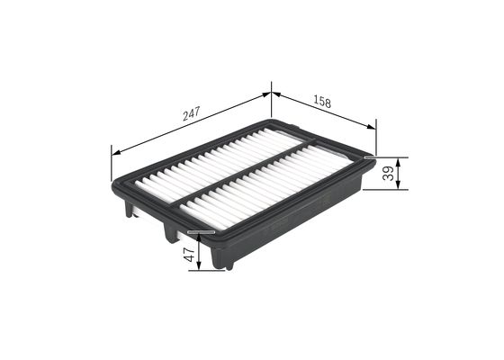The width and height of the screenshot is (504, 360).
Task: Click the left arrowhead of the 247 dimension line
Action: click(x=114, y=150)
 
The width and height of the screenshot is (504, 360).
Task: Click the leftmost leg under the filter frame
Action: click(x=130, y=210)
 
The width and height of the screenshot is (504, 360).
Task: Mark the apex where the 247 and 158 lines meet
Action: click(x=271, y=91)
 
